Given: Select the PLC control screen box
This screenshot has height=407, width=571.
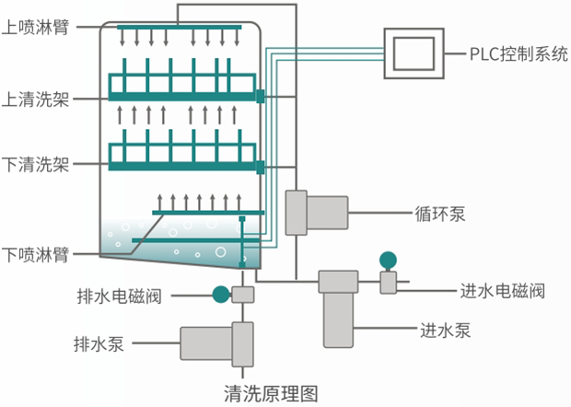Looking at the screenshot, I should click(x=414, y=52).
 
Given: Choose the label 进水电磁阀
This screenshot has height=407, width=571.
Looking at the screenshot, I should click(x=502, y=292).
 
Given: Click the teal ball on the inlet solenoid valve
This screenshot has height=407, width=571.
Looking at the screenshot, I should click(x=388, y=261).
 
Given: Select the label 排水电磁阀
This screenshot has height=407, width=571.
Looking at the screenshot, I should click(x=119, y=296).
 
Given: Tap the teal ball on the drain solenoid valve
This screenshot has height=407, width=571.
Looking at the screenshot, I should click(x=220, y=295).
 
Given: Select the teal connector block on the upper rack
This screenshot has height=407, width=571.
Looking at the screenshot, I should click(x=261, y=96).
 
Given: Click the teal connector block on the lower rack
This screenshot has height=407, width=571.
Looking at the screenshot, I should click(x=261, y=167).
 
